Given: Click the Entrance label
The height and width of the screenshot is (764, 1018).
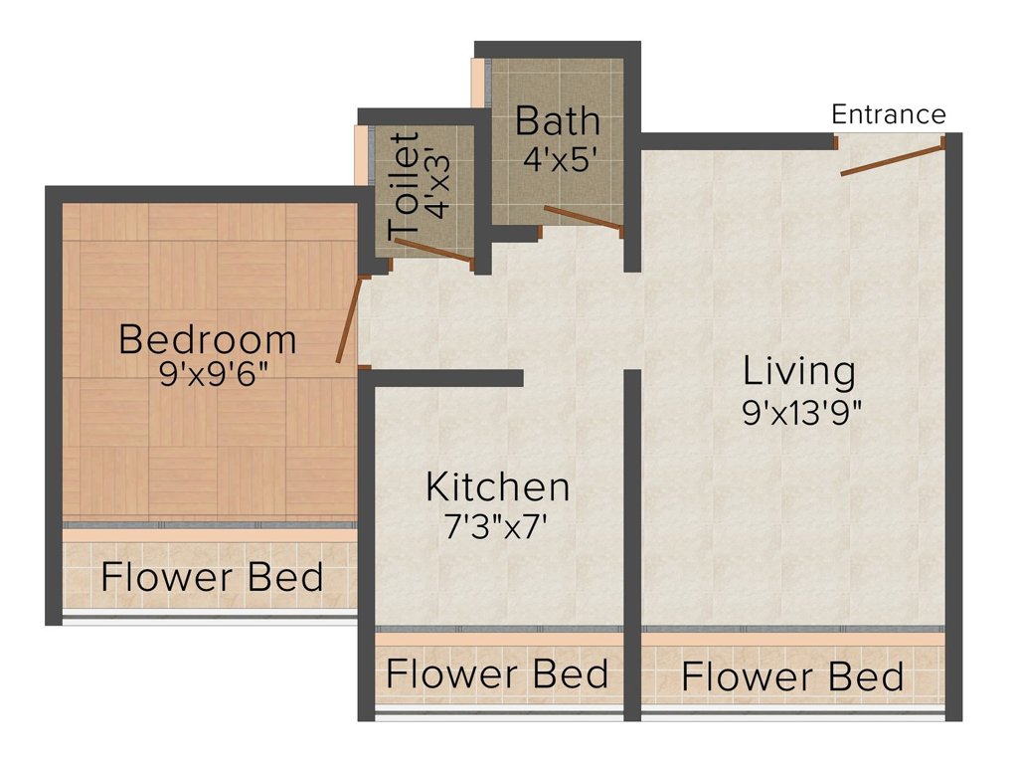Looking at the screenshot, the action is point(888,114).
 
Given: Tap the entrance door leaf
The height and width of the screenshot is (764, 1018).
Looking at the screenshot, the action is point(892,160).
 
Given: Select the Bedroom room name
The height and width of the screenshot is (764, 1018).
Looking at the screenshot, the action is point(208,339).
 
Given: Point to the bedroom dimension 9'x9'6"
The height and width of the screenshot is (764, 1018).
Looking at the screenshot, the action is point(214,374).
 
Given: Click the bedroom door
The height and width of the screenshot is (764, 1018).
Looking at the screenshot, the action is point(349,318).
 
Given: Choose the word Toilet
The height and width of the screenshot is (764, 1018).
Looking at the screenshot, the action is point(404,186).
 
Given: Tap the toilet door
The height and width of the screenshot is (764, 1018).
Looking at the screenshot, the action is point(433,251).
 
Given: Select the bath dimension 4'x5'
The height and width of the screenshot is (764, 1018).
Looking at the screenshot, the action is point(560,158).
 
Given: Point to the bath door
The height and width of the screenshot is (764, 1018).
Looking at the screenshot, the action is point(583,218).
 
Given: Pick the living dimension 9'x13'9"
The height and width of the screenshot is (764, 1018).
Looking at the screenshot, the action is point(802,412).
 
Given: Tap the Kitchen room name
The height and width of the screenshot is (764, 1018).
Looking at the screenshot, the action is point(498,487).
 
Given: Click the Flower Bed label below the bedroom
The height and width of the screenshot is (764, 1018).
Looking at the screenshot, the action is point(213,577).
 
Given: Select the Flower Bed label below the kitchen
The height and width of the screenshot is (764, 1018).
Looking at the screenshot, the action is point(497,673).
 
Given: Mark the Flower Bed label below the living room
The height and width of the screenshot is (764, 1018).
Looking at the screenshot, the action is point(792,676).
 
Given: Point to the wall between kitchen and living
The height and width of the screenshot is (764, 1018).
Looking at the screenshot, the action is point(632,544).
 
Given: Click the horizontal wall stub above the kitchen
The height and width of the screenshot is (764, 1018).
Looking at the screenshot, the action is point(441,378).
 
